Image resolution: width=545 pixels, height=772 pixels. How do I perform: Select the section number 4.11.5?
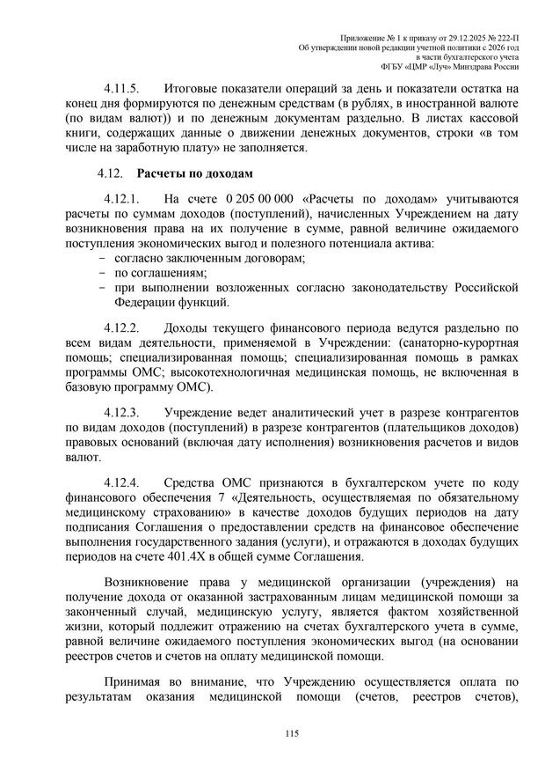pos(123,89)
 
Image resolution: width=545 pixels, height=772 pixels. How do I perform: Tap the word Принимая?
pos(134,682)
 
